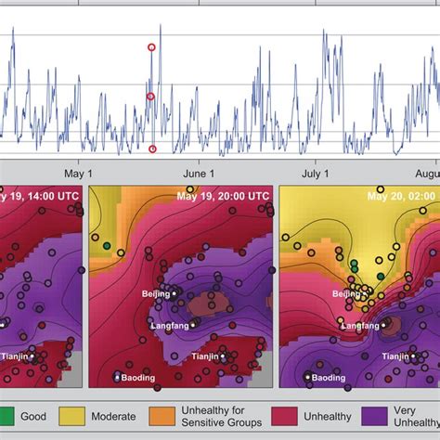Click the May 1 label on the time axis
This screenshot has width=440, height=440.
click(x=78, y=173)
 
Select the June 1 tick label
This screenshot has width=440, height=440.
click(x=199, y=173)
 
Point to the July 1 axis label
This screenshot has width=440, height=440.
click(x=317, y=173)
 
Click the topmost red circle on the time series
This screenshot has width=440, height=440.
click(x=151, y=47)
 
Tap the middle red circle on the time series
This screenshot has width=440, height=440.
click(x=150, y=97)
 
